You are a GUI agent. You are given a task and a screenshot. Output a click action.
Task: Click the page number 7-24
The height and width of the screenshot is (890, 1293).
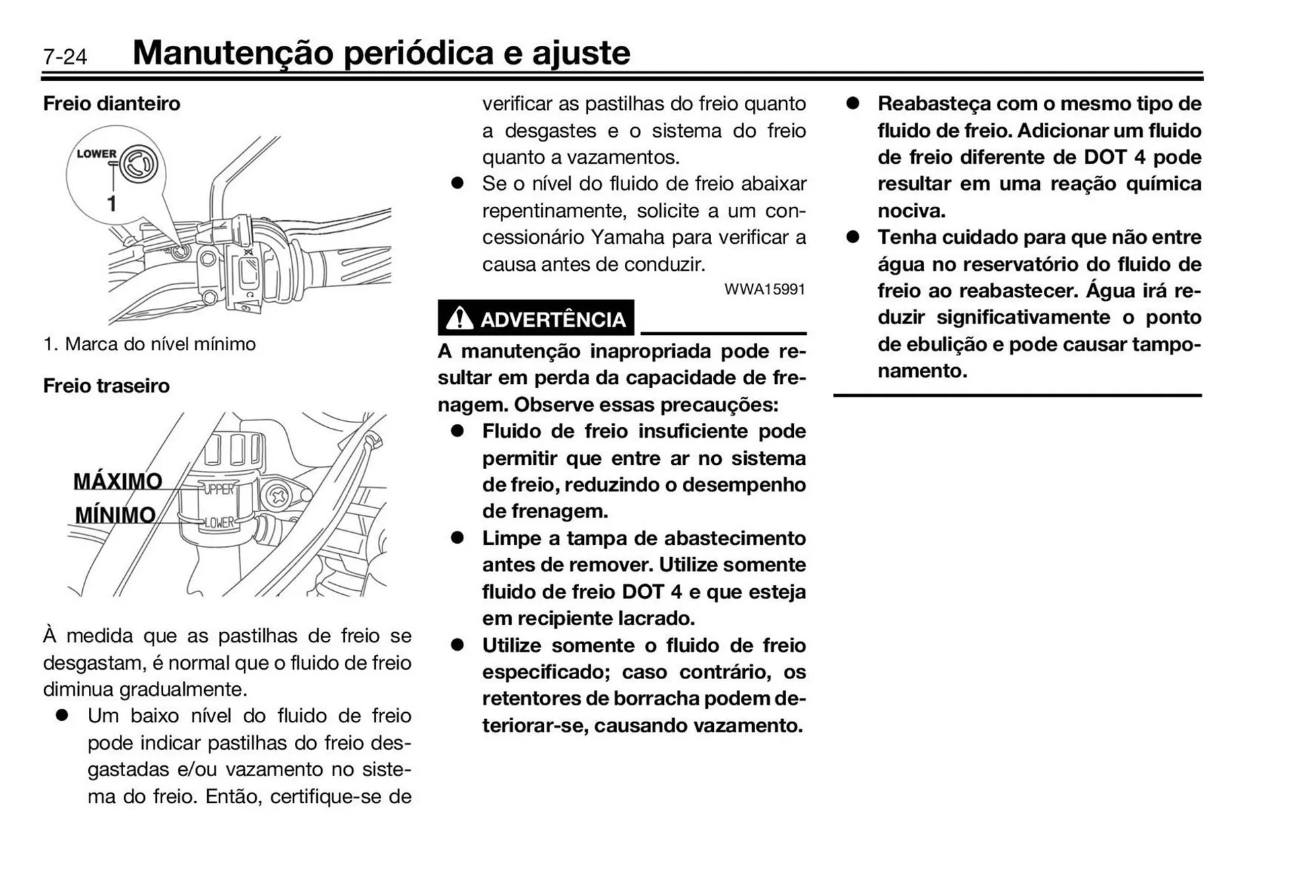click(x=65, y=56)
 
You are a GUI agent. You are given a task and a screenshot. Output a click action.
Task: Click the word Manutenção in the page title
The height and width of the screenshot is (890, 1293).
click(x=232, y=53)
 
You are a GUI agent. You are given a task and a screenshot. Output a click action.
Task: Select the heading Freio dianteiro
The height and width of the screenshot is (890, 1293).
click(x=112, y=103)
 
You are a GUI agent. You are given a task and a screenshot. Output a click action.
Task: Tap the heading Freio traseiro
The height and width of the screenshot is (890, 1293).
click(x=106, y=385)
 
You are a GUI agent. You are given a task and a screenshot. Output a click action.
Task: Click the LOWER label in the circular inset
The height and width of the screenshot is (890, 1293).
click(x=96, y=154)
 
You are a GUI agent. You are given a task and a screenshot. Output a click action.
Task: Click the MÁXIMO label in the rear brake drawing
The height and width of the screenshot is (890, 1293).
click(x=117, y=481)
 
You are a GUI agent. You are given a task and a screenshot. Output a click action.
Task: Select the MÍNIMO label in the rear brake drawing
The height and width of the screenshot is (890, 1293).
click(x=115, y=515)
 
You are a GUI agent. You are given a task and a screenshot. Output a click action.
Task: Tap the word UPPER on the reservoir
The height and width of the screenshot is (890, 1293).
click(x=218, y=488)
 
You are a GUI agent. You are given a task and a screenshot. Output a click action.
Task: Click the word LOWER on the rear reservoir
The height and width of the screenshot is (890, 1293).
click(x=219, y=522)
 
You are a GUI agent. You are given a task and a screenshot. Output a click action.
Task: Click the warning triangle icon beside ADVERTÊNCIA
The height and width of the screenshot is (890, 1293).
click(x=459, y=318)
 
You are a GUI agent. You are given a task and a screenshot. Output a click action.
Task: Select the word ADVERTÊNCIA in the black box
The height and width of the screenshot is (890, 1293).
click(x=553, y=319)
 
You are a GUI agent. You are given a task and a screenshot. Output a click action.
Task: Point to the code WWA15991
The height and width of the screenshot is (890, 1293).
click(x=764, y=289)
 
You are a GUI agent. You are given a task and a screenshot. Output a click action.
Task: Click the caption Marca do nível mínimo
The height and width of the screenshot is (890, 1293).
click(x=160, y=344)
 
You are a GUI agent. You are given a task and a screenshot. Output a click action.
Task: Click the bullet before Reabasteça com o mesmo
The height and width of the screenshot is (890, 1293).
click(x=853, y=103)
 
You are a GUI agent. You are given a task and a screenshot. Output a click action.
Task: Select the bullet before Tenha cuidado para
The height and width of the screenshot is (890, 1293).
click(x=853, y=237)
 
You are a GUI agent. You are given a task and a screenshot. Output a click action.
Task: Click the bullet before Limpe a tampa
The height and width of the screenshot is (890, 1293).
click(x=458, y=538)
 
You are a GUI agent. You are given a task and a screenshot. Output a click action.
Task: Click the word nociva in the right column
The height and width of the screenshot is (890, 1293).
click(x=910, y=210)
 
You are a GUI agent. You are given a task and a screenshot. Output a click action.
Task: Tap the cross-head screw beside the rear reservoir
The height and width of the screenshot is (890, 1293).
click(x=277, y=497)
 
